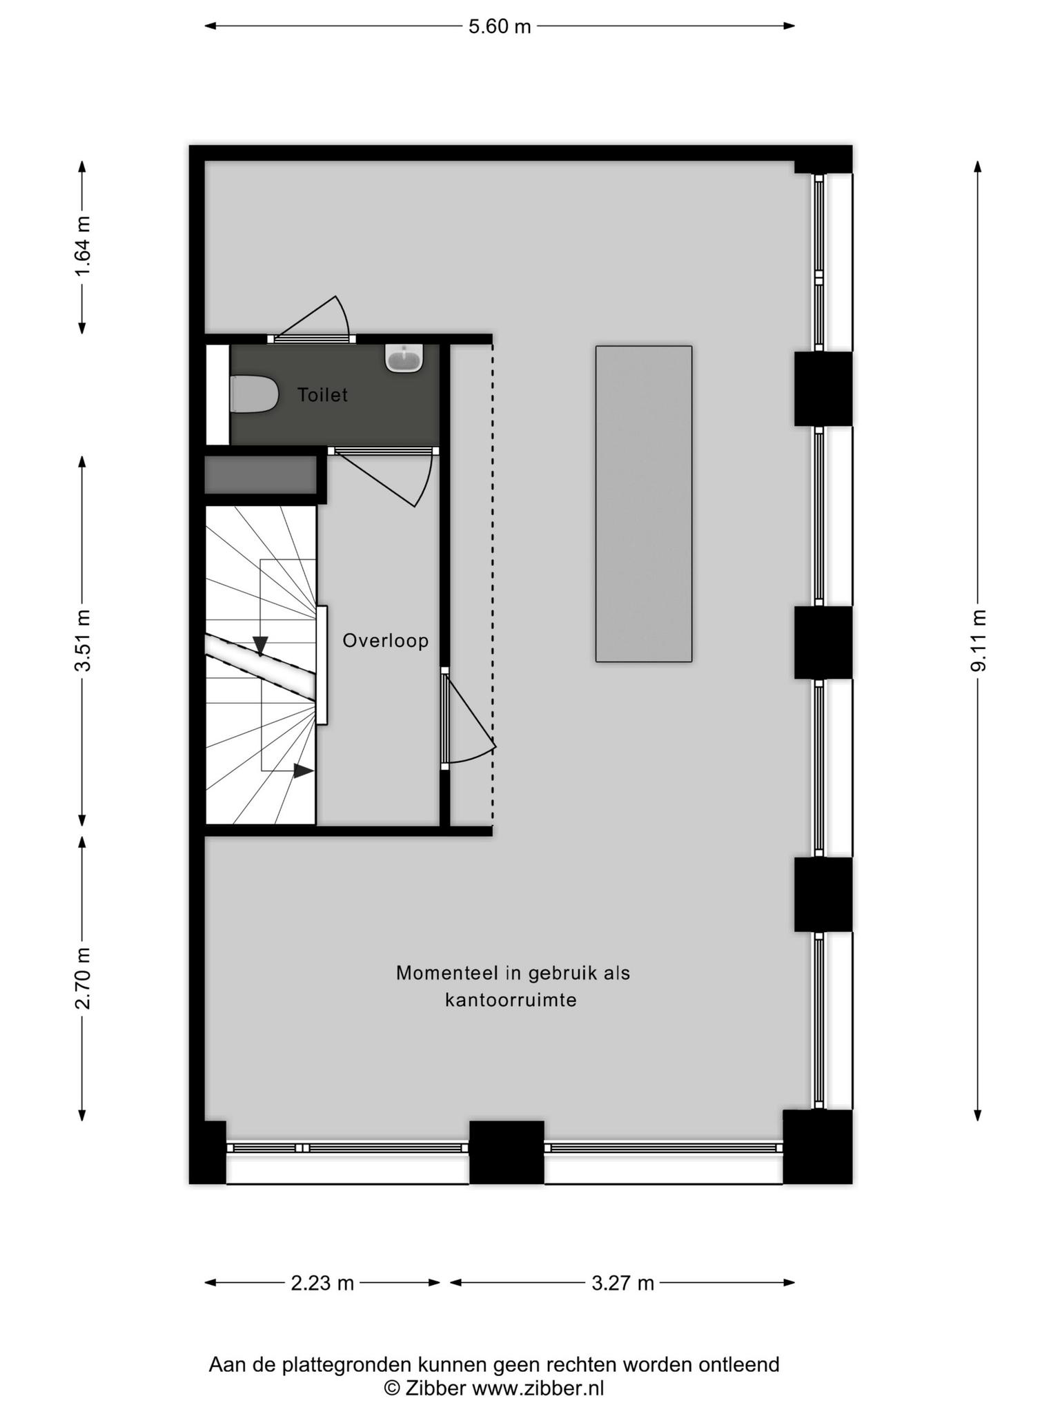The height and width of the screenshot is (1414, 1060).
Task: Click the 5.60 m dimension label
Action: pyautogui.click(x=500, y=26)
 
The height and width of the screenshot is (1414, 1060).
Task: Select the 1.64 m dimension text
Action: pyautogui.click(x=83, y=246)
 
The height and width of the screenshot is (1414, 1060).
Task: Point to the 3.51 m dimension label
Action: pyautogui.click(x=83, y=640)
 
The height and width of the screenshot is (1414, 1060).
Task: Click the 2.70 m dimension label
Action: pyautogui.click(x=83, y=978)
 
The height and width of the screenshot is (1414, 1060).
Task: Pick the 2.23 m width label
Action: pyautogui.click(x=322, y=1283)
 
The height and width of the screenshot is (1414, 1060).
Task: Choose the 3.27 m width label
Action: pyautogui.click(x=622, y=1283)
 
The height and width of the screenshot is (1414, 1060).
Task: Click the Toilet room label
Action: pyautogui.click(x=322, y=395)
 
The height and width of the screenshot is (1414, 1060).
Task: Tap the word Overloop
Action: pyautogui.click(x=386, y=641)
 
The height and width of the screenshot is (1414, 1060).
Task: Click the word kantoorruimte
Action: pyautogui.click(x=511, y=1000)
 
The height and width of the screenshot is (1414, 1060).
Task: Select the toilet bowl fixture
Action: pyautogui.click(x=253, y=394)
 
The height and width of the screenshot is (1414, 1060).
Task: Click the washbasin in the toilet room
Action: pyautogui.click(x=404, y=358)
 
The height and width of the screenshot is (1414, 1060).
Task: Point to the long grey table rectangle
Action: pyautogui.click(x=644, y=504)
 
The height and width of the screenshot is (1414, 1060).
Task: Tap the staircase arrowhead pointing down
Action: pyautogui.click(x=260, y=646)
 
